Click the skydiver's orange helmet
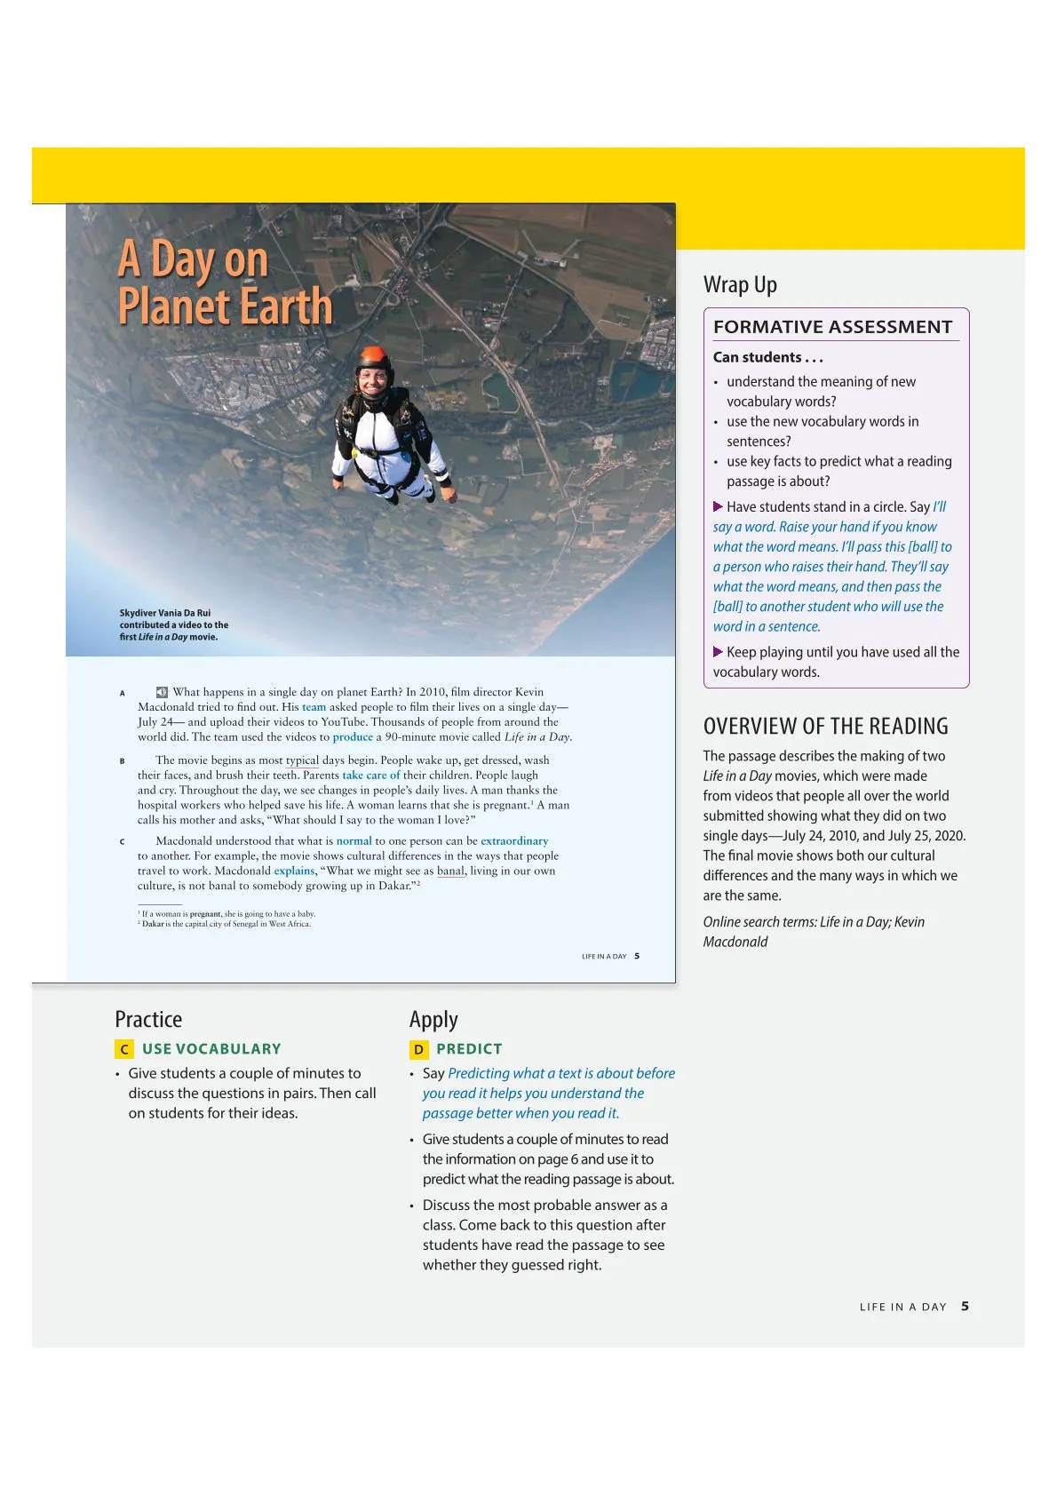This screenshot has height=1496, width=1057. pyautogui.click(x=374, y=359)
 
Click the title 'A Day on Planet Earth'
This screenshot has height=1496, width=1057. pyautogui.click(x=225, y=283)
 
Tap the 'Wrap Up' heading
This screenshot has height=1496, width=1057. pyautogui.click(x=740, y=284)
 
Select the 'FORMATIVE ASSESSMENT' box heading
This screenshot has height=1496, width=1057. pyautogui.click(x=832, y=327)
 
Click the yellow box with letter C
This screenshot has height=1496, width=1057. pyautogui.click(x=124, y=1049)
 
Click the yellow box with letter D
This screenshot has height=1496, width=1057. pyautogui.click(x=418, y=1049)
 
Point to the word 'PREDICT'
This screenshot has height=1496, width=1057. pyautogui.click(x=469, y=1049)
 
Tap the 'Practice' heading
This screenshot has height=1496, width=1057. pyautogui.click(x=148, y=1019)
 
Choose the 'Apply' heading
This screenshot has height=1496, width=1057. pyautogui.click(x=433, y=1019)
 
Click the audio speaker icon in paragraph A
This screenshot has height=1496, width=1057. pyautogui.click(x=162, y=692)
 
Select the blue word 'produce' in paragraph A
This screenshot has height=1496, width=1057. pyautogui.click(x=353, y=737)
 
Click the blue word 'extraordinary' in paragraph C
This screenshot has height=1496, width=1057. pyautogui.click(x=514, y=841)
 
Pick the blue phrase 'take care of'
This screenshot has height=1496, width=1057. pyautogui.click(x=371, y=776)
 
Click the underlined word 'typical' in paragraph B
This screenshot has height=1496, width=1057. pyautogui.click(x=302, y=760)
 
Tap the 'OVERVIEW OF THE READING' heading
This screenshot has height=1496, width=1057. pyautogui.click(x=825, y=726)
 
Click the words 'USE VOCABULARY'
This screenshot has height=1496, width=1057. pyautogui.click(x=211, y=1049)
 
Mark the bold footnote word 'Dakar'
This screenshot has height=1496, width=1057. pyautogui.click(x=153, y=924)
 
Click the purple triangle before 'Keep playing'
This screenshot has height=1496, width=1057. pyautogui.click(x=718, y=651)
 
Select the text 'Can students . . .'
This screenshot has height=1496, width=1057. pyautogui.click(x=767, y=357)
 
